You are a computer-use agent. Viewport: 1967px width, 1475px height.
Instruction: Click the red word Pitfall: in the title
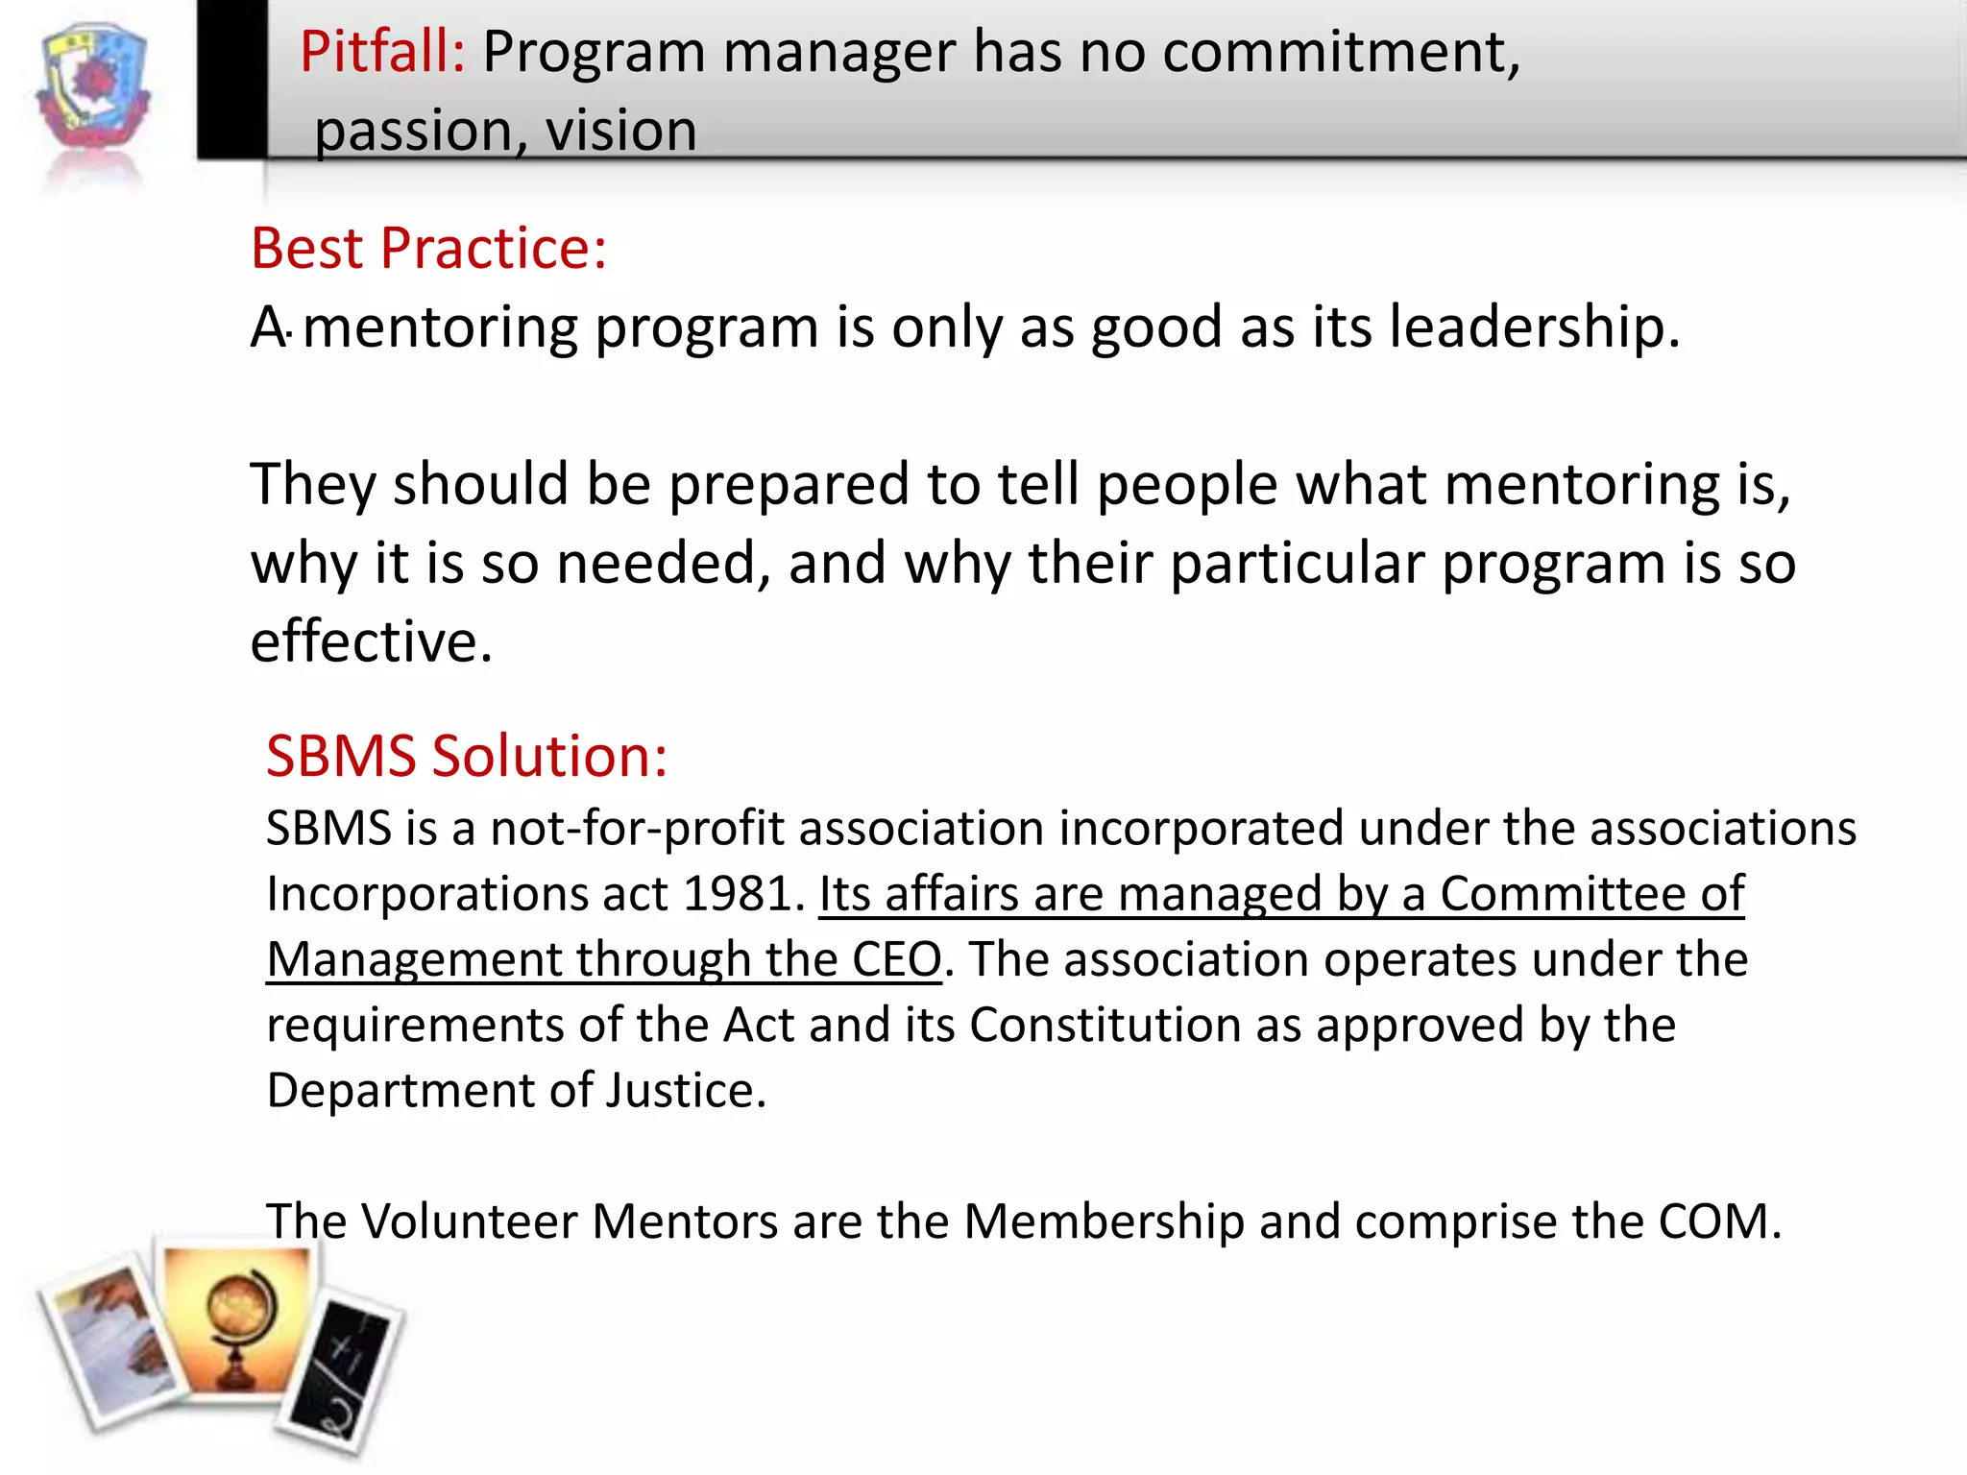coord(382,52)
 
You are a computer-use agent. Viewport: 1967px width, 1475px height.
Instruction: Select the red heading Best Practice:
coord(428,249)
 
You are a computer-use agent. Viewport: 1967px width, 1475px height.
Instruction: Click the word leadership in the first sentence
coord(1533,327)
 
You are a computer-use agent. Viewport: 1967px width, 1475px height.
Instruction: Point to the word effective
coord(371,641)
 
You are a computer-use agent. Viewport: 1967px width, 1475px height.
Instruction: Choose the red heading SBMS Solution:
coord(467,757)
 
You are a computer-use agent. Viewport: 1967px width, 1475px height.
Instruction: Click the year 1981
coord(743,894)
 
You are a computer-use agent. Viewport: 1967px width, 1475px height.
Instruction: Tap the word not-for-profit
coord(637,829)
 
